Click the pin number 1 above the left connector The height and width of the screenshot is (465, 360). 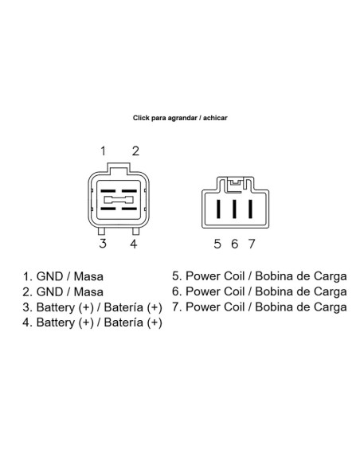(104, 151)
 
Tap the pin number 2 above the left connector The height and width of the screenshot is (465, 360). (135, 151)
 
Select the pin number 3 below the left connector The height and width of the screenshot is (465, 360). (103, 244)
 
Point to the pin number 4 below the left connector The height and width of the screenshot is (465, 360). (134, 244)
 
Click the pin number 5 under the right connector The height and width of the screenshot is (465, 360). (217, 244)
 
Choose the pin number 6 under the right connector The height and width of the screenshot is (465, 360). (235, 244)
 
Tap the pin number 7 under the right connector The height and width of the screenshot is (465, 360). (252, 244)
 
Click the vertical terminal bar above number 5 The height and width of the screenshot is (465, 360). (218, 209)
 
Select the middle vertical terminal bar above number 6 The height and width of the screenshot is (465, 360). (235, 209)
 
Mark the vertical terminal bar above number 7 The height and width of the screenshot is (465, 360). (251, 209)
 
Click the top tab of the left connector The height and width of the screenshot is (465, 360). (119, 168)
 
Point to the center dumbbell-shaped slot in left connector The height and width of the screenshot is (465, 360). (119, 200)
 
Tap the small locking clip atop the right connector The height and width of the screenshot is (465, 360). (236, 182)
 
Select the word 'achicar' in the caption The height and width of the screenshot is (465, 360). (215, 118)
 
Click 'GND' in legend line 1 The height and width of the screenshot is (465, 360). (50, 276)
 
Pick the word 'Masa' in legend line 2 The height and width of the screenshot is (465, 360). (88, 291)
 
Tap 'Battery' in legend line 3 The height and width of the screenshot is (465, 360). (56, 307)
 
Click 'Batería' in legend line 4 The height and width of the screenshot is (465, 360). (123, 322)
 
